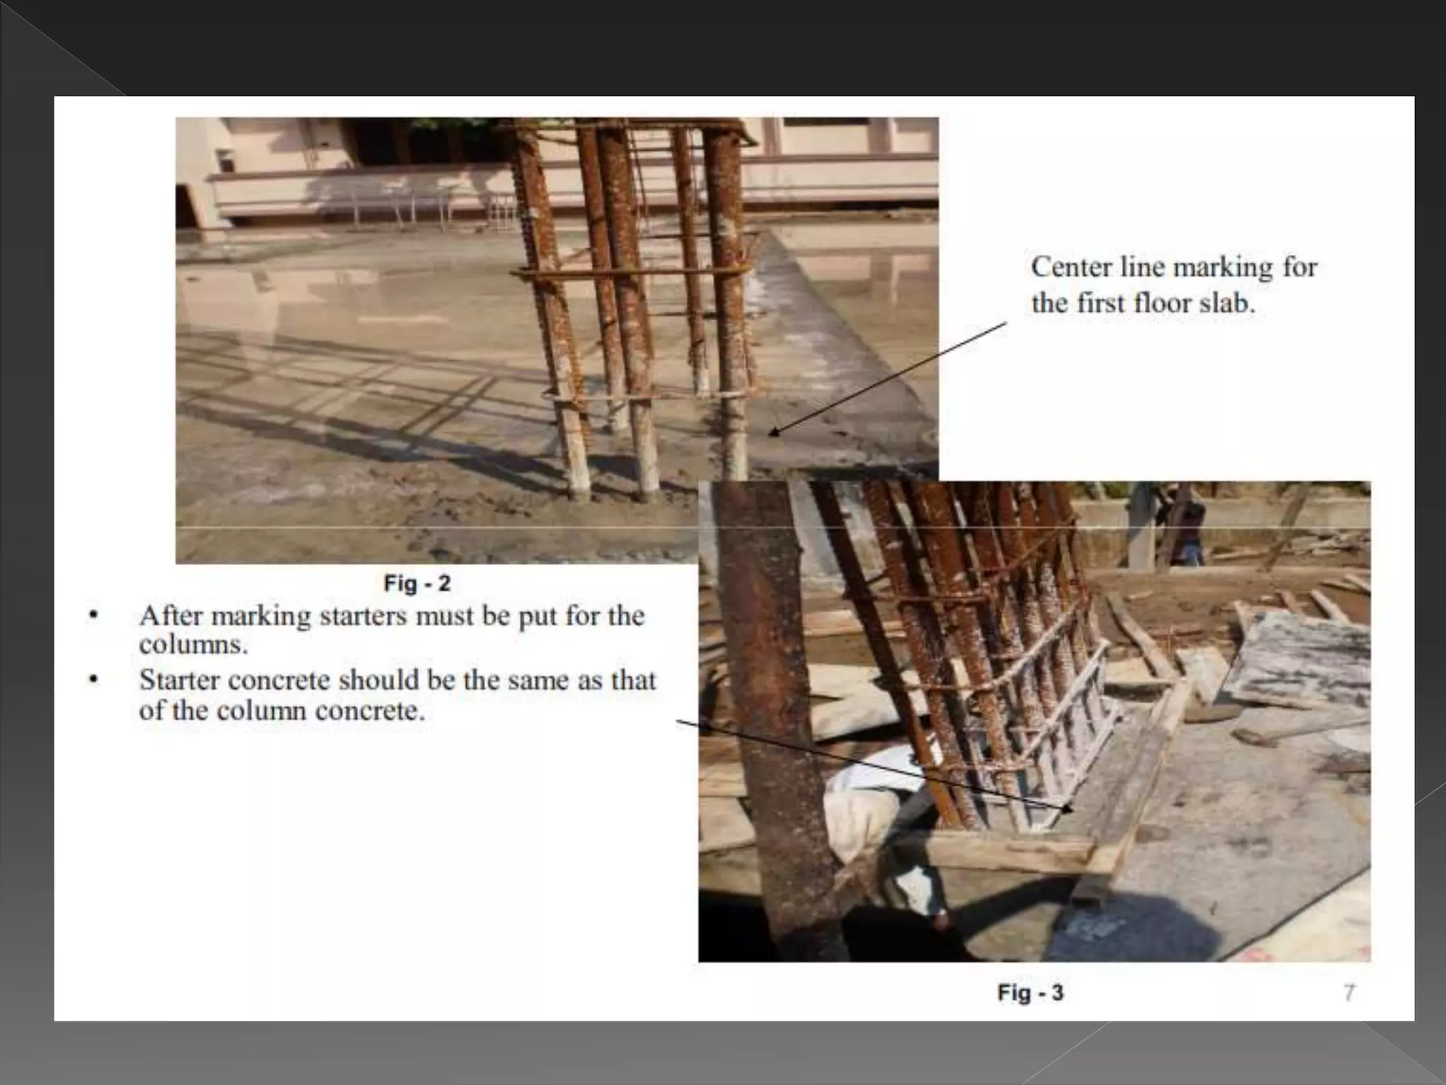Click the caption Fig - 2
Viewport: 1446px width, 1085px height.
click(x=417, y=583)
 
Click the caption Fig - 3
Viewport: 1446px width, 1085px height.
click(x=1030, y=992)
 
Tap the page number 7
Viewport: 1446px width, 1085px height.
click(x=1349, y=993)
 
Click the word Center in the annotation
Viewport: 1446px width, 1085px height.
click(x=1070, y=268)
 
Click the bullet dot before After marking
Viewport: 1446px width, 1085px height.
click(x=92, y=616)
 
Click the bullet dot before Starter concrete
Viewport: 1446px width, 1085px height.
click(x=92, y=680)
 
